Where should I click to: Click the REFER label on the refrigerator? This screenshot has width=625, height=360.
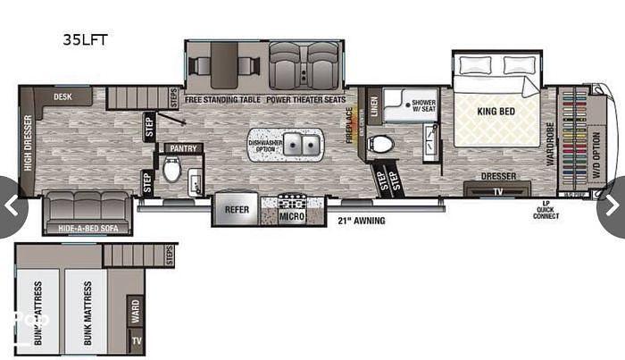[237, 210]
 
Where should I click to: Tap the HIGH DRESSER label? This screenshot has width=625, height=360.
[29, 142]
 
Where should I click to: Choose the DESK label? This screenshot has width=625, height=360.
[62, 96]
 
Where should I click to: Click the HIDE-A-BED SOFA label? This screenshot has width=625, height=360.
[89, 229]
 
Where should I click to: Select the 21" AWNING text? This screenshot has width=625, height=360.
[362, 220]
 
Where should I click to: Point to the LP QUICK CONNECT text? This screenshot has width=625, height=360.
[544, 215]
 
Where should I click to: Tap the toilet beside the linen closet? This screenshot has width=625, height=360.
[382, 143]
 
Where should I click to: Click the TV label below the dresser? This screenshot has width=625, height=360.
[496, 190]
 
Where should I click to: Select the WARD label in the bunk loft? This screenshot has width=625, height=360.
[134, 309]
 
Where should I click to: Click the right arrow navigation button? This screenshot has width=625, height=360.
[611, 206]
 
